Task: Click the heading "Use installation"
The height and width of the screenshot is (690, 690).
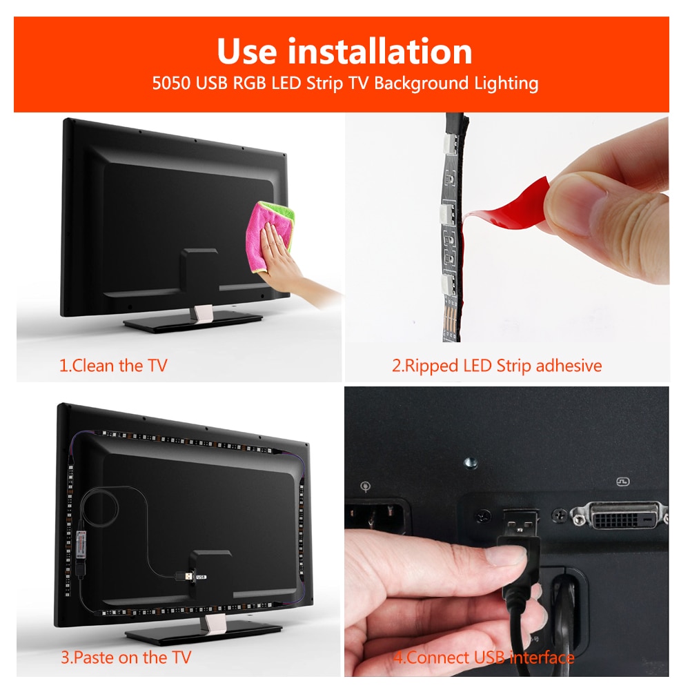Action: pyautogui.click(x=344, y=52)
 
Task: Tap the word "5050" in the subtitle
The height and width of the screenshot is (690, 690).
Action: pyautogui.click(x=171, y=84)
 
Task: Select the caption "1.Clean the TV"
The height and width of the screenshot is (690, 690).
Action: pyautogui.click(x=113, y=365)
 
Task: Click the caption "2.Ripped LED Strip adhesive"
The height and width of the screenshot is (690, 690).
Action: pyautogui.click(x=497, y=365)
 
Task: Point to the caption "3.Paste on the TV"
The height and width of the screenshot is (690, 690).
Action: pyautogui.click(x=126, y=657)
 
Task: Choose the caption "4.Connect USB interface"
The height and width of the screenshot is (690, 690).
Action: pyautogui.click(x=484, y=657)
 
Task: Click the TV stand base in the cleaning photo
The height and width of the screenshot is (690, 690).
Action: pyautogui.click(x=193, y=320)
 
